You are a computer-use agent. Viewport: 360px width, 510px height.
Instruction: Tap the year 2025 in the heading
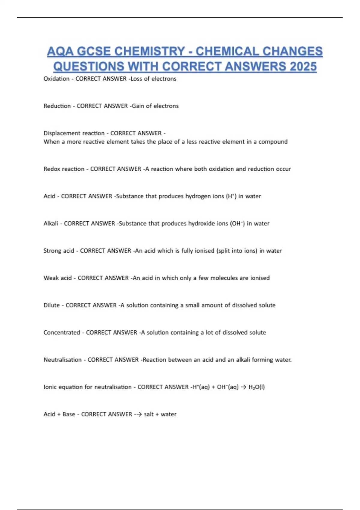coord(303,66)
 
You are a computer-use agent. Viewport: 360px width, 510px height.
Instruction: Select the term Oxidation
coord(56,79)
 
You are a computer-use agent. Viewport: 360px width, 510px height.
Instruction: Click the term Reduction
coord(57,106)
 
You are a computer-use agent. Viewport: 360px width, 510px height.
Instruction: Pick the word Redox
coord(52,169)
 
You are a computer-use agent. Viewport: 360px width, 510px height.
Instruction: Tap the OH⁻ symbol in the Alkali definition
coord(237,223)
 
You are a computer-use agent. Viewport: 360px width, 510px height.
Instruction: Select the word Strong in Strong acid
coord(52,251)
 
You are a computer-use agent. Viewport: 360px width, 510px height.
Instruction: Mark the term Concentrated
coord(62,333)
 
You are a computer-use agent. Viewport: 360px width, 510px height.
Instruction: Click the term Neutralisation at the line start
coord(62,360)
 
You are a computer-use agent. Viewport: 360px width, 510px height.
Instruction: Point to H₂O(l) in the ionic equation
coord(256,387)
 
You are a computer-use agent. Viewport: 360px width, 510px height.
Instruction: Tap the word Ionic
coord(50,387)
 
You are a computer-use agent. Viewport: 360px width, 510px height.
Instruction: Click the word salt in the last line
coord(149,414)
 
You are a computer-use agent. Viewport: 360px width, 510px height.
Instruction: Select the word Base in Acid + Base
coord(69,414)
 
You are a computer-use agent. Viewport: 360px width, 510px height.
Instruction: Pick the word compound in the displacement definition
coord(273,142)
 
